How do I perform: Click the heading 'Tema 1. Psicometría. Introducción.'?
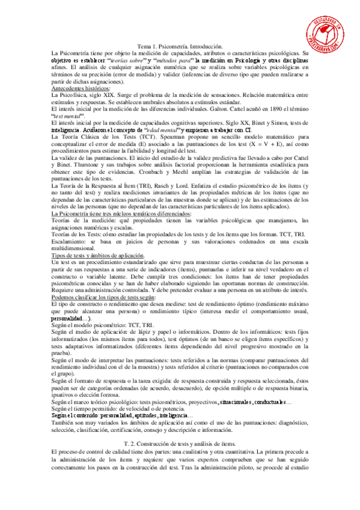coord(180,46)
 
